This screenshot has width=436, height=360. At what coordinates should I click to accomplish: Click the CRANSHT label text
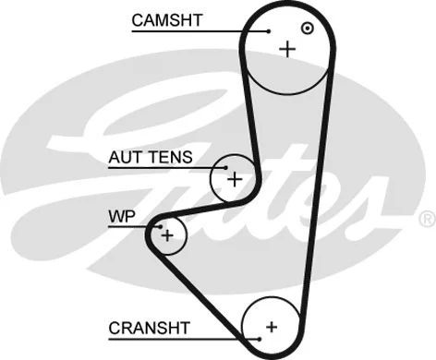tap(149, 327)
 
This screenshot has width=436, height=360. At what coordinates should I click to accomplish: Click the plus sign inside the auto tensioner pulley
tap(234, 178)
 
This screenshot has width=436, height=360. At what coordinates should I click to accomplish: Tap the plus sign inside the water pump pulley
tap(167, 235)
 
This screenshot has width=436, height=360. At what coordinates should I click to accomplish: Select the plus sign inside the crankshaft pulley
tap(271, 326)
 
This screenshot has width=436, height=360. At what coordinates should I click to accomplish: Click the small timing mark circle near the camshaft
tap(308, 28)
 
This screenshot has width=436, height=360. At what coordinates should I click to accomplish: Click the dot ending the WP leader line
tap(160, 226)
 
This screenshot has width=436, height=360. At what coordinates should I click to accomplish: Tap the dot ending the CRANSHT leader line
tap(261, 339)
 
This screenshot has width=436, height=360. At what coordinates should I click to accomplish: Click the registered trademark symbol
tap(426, 218)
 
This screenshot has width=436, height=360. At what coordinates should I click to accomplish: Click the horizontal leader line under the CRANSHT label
tap(185, 339)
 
